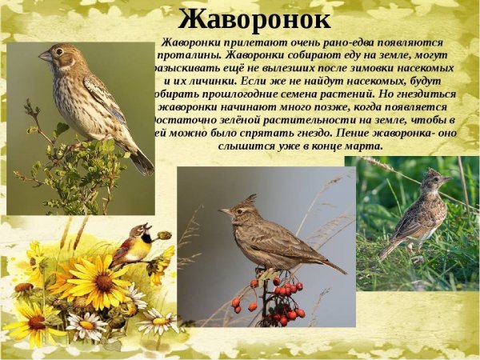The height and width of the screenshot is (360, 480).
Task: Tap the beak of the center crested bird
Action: (225, 211)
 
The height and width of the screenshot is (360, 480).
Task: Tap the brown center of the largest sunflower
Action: (103, 283)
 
